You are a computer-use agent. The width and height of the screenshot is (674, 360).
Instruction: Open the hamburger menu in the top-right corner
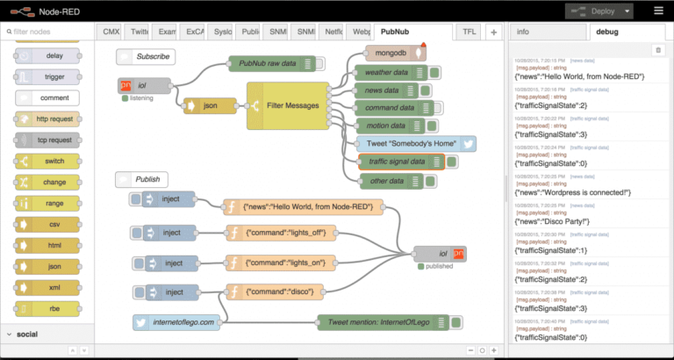click(658, 11)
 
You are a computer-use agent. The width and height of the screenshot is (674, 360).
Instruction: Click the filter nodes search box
click(48, 32)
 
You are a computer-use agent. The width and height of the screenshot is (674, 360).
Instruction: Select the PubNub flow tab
click(399, 32)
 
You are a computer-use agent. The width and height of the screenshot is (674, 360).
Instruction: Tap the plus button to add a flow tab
click(494, 32)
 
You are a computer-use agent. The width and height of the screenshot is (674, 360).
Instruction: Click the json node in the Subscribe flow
click(211, 106)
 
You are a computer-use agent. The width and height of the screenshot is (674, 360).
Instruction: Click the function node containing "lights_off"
click(281, 233)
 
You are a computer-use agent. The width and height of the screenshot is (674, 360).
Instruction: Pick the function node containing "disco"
click(281, 292)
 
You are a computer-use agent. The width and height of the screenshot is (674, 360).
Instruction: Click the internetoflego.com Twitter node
click(180, 322)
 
